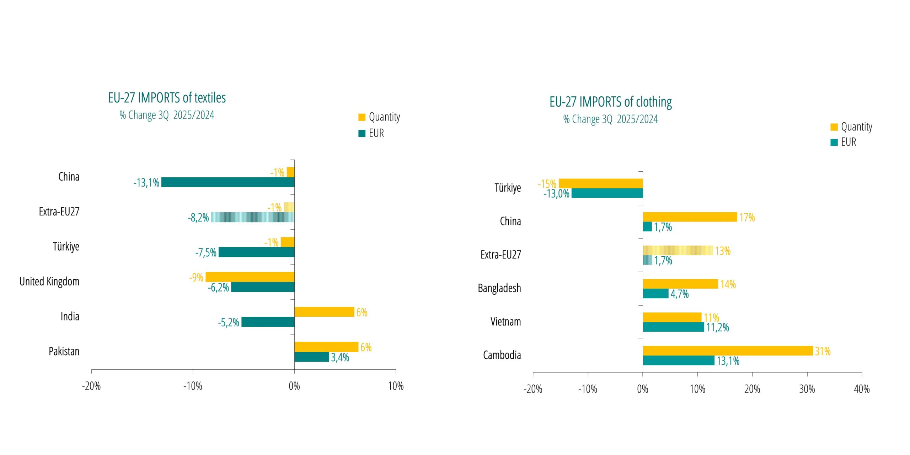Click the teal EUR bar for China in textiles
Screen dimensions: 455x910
(227, 182)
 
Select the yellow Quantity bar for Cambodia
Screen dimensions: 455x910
(727, 351)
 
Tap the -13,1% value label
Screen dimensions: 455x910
(146, 183)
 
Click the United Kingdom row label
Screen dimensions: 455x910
(49, 282)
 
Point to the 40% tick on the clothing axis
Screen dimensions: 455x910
(862, 389)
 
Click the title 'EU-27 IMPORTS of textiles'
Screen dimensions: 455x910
(167, 98)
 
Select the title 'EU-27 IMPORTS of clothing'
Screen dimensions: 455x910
(610, 102)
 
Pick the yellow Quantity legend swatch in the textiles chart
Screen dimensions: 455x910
(362, 117)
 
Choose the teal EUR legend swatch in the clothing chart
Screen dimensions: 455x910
(834, 142)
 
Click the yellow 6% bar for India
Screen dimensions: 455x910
(324, 312)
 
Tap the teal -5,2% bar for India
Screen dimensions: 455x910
(268, 322)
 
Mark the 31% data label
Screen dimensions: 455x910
(823, 351)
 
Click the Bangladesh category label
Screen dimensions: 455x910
(499, 288)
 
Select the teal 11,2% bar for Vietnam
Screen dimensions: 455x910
(673, 327)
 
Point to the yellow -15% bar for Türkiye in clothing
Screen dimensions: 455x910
(600, 183)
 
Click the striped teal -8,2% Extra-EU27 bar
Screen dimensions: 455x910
(252, 217)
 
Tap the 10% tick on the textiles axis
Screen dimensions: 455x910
(396, 386)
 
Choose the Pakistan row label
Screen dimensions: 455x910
(64, 351)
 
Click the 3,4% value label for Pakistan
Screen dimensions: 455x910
(340, 357)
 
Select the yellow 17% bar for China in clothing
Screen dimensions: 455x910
(690, 217)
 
